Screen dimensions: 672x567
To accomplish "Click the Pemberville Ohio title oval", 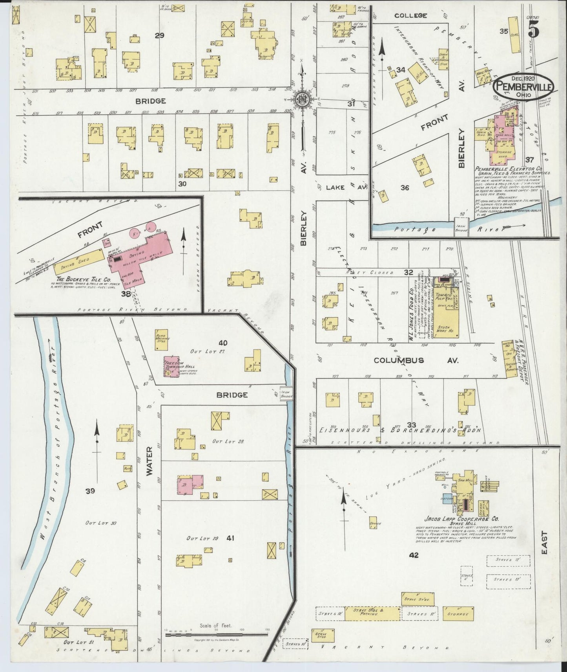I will [524, 88].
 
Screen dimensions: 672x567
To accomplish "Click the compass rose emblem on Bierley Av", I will [303, 98].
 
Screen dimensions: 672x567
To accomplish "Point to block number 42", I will [414, 555].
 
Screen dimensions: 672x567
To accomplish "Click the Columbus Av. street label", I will [399, 360].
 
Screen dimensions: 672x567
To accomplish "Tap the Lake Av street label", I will [341, 187].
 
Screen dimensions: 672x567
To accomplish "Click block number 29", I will [159, 35].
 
